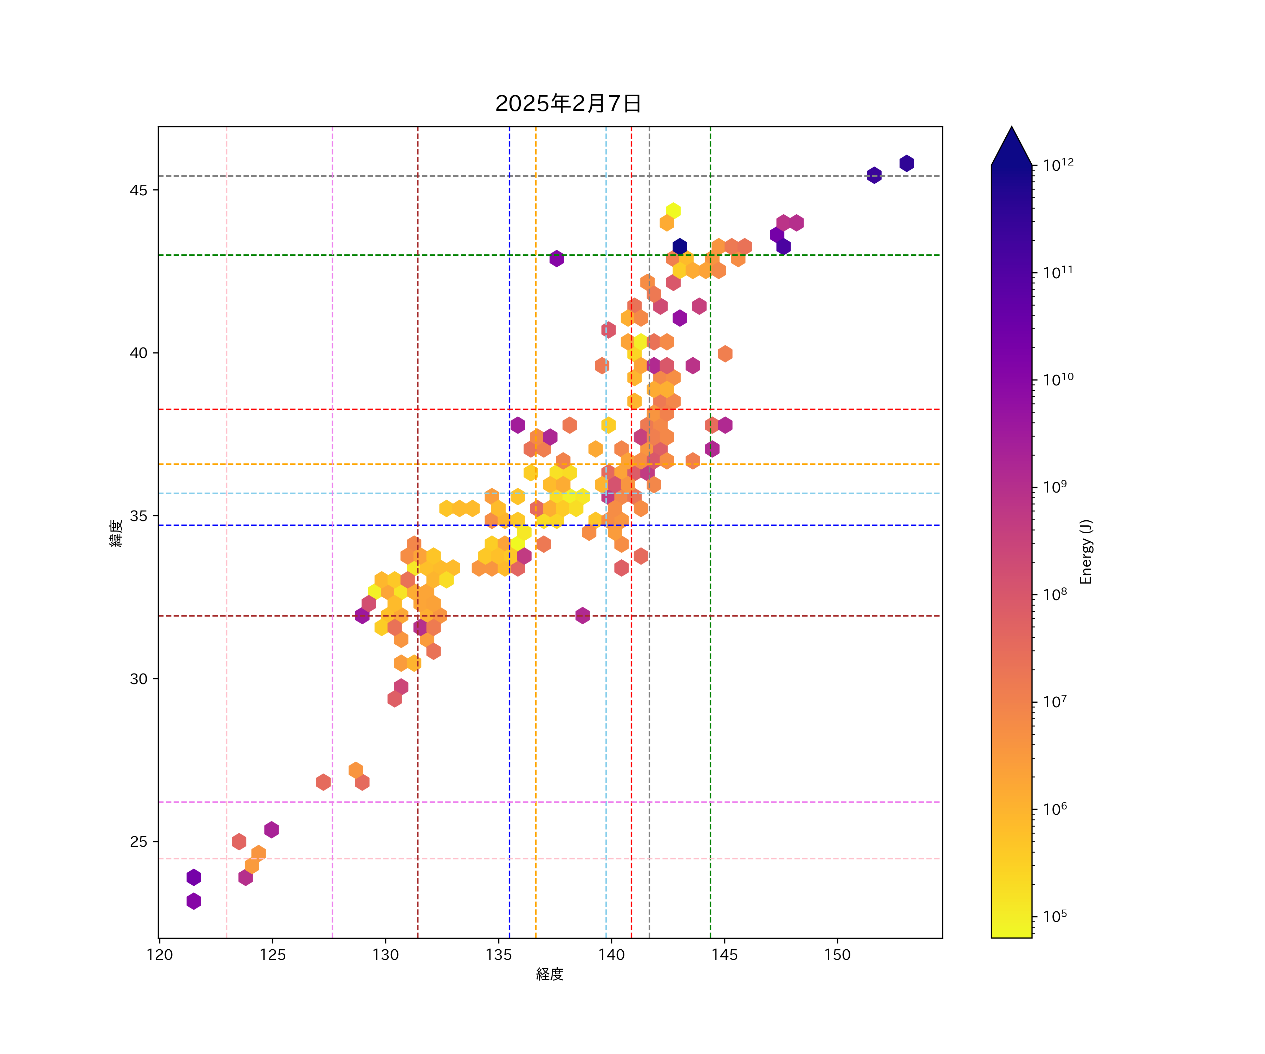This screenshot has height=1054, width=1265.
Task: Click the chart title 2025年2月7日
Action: click(x=568, y=104)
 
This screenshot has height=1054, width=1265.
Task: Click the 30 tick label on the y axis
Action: click(x=138, y=679)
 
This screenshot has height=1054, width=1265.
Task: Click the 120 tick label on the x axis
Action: click(x=160, y=955)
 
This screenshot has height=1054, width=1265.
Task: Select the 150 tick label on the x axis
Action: click(x=837, y=955)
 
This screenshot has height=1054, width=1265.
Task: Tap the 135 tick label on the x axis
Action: click(x=498, y=955)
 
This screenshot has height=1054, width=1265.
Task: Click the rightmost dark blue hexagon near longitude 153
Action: click(x=907, y=163)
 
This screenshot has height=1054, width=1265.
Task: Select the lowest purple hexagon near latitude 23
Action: click(x=193, y=901)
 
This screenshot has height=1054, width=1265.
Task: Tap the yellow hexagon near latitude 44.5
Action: click(x=674, y=211)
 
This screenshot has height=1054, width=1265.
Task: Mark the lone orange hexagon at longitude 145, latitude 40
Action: click(x=725, y=353)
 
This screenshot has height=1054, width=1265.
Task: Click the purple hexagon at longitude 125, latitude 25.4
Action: click(x=272, y=829)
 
